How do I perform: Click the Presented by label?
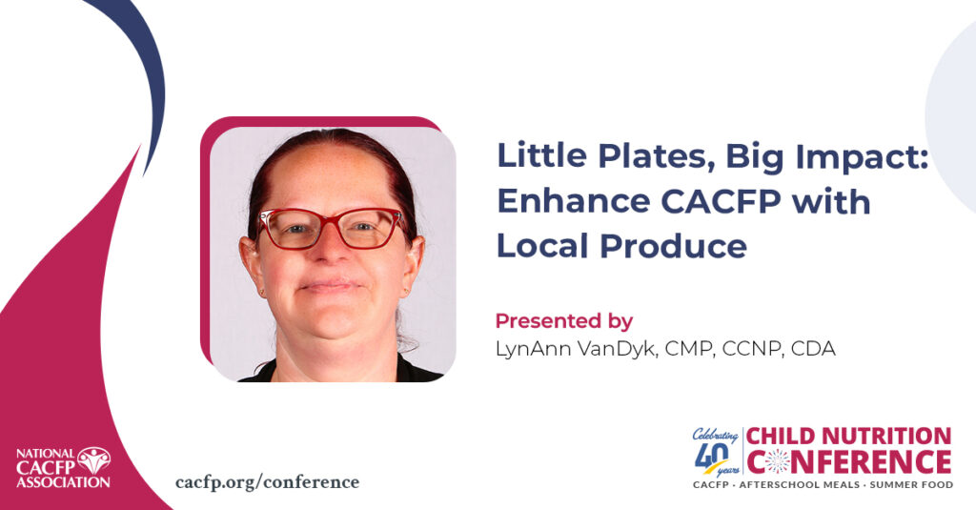coord(564,321)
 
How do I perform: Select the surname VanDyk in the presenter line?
coord(617,349)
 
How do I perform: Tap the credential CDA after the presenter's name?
coord(813,349)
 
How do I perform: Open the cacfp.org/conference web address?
coord(268,482)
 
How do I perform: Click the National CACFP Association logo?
coord(63,467)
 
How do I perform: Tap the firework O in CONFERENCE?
coord(778,462)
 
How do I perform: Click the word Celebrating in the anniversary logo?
coord(715,435)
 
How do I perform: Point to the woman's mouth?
coord(331,286)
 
